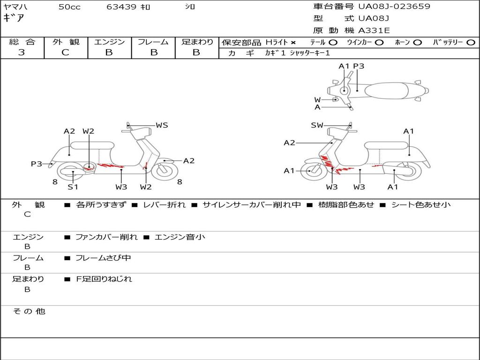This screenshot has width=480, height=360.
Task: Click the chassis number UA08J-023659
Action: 394,7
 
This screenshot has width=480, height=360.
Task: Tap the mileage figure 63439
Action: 121,7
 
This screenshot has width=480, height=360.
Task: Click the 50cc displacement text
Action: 69,7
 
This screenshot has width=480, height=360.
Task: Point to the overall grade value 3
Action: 22,52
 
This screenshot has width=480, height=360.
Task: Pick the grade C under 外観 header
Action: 66,52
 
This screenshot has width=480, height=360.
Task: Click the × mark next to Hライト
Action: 293,43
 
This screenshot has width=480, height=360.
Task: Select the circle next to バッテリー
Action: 471,43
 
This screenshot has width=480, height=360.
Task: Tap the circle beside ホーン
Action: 417,43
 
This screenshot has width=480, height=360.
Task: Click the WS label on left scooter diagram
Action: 162,125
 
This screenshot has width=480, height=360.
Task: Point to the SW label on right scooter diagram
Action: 317,125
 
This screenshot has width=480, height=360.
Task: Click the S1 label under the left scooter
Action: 73,187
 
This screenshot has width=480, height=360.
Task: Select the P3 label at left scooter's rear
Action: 37,164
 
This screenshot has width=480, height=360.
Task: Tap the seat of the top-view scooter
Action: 386,91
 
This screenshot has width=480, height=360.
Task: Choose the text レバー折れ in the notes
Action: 165,205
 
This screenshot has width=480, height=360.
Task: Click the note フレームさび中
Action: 103,258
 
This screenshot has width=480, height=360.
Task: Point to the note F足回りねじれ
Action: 104,279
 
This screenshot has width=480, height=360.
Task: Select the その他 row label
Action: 29,311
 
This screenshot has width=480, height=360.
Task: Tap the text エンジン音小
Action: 180,237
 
